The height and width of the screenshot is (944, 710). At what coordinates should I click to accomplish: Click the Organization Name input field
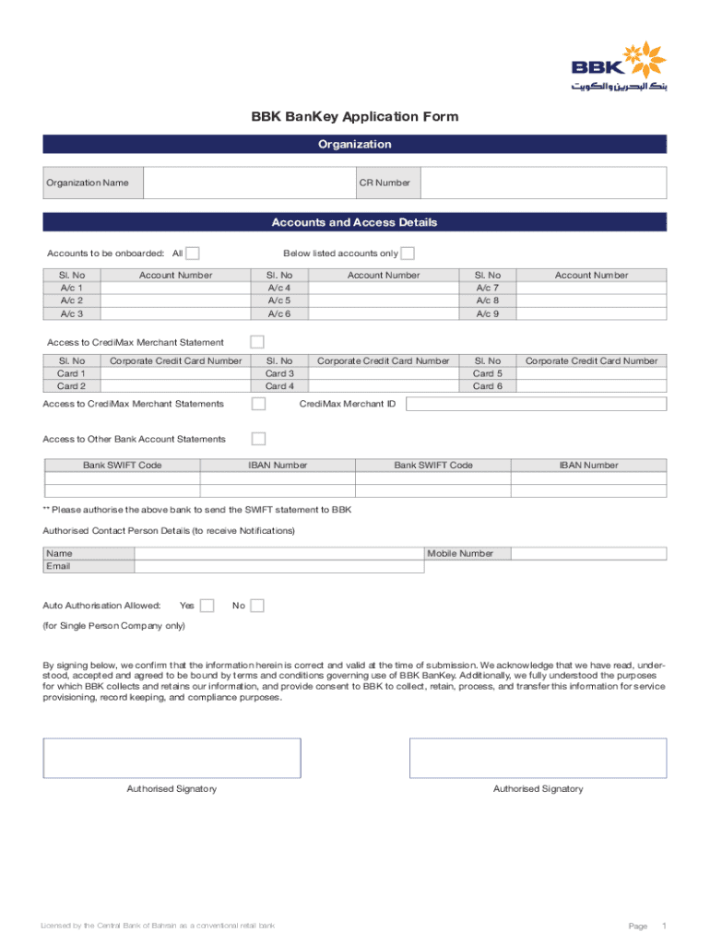tap(250, 183)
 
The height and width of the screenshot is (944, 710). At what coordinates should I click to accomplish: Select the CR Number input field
tap(543, 183)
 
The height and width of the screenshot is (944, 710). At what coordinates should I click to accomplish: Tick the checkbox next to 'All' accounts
tap(193, 254)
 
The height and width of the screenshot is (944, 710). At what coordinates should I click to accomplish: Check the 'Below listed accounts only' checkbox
tap(408, 254)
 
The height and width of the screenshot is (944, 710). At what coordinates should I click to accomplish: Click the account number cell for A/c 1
tap(175, 288)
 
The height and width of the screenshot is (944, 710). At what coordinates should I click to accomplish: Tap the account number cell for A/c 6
tap(384, 313)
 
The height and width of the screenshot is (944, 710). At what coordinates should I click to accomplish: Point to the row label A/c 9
tap(488, 313)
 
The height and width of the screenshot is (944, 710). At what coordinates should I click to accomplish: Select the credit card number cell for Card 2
tap(175, 386)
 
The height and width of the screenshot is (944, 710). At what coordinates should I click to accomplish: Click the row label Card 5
tap(488, 373)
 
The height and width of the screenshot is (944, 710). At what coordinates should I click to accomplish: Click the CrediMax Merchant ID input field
tap(536, 404)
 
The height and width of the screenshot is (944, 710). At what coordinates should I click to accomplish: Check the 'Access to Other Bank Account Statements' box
tap(259, 439)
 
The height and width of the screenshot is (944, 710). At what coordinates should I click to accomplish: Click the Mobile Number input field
tap(588, 553)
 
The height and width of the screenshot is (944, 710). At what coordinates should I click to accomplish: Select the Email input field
tap(278, 566)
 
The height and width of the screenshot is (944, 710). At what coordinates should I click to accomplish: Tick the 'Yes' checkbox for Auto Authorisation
tap(207, 606)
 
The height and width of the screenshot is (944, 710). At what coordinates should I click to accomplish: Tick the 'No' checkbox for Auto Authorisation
tap(257, 606)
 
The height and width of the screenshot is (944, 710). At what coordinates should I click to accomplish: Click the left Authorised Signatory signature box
tap(172, 758)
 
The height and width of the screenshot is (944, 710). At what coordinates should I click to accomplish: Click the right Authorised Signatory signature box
tap(538, 758)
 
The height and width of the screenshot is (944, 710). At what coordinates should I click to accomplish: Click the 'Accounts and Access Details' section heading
tap(354, 222)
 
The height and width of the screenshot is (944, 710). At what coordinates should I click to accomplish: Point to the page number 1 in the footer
tap(664, 926)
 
